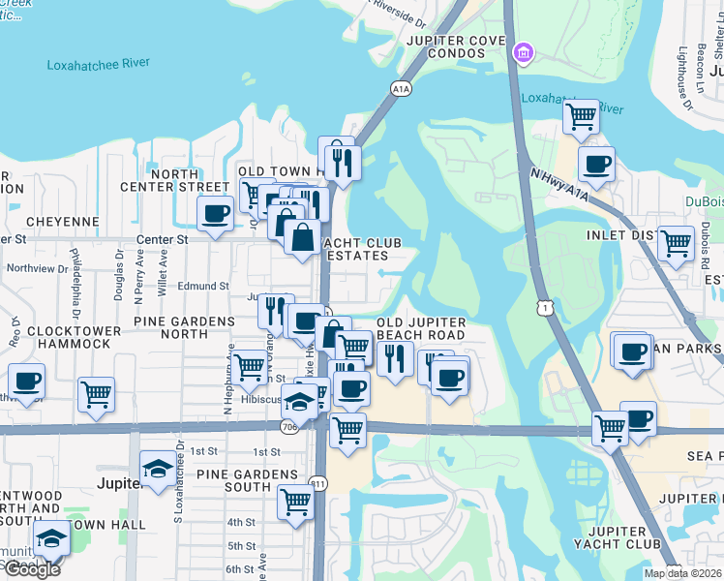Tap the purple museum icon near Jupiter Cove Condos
[x=524, y=51]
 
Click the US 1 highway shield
[x=548, y=307]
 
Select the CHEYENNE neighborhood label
[x=63, y=222]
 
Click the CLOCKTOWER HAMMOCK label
[x=55, y=337]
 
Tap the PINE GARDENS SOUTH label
[x=247, y=481]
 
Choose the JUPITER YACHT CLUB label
[x=617, y=538]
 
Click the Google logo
[x=32, y=569]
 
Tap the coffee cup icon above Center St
[x=215, y=212]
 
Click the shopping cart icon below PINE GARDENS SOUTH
[x=295, y=502]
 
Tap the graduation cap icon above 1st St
[x=159, y=469]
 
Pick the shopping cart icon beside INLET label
[x=676, y=243]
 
